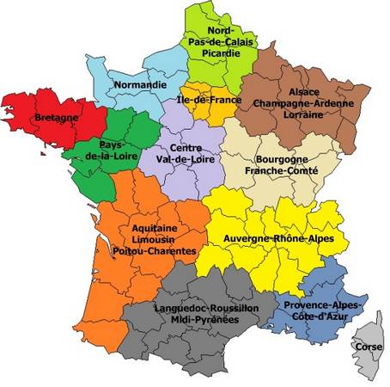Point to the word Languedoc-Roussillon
pos(207,307)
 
